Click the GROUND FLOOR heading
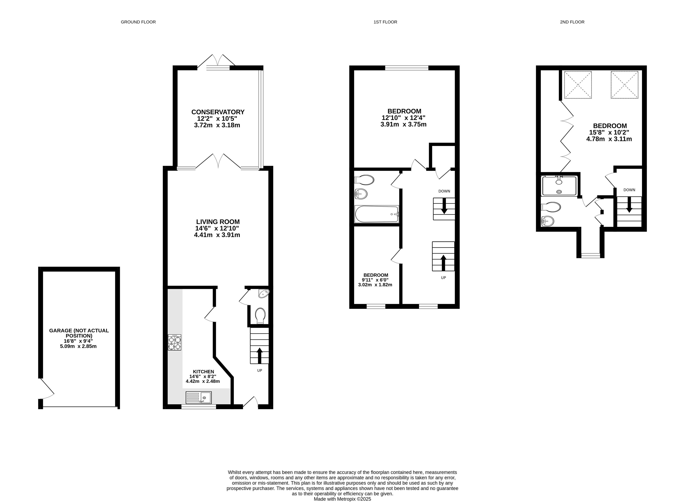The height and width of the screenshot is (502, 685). tap(138, 22)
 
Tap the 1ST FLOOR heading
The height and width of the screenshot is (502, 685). tap(385, 22)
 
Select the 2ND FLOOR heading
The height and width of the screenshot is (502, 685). tap(572, 22)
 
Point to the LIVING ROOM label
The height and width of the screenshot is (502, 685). tap(218, 222)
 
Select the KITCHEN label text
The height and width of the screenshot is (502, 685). tap(204, 372)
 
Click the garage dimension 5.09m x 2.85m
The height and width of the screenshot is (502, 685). tap(78, 346)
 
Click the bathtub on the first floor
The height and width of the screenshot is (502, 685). tap(377, 214)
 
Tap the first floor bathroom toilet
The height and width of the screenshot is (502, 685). tap(364, 180)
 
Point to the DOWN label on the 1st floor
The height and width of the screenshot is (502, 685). tap(444, 191)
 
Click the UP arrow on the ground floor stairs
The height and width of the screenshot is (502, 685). tap(260, 356)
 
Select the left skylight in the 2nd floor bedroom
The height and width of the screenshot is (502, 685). tap(578, 85)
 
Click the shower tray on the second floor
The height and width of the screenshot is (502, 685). tap(559, 185)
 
